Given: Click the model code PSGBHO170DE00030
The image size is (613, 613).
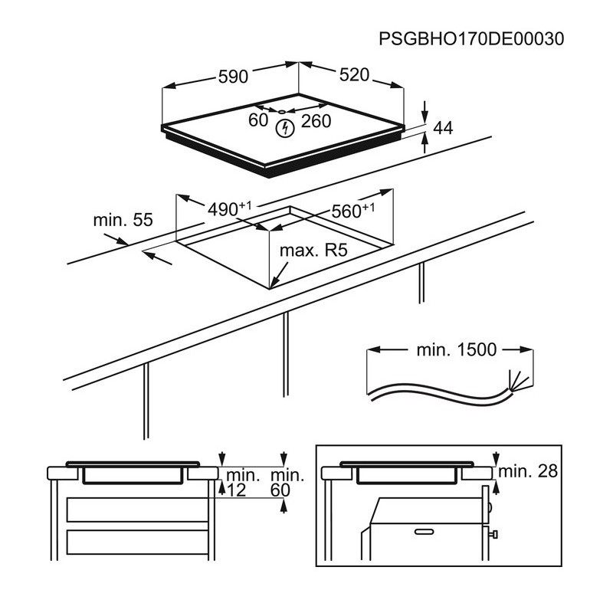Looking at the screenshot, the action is click(471, 39).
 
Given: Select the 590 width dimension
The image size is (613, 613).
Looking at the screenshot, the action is click(233, 77).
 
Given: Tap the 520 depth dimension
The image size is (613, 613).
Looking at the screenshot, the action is click(354, 74).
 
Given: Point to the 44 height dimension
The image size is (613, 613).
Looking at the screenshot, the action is click(444, 128).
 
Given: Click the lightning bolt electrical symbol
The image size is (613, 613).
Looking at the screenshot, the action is click(285, 128).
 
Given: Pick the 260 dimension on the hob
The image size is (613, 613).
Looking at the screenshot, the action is click(316, 121).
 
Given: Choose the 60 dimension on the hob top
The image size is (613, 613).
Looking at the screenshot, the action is click(258, 120).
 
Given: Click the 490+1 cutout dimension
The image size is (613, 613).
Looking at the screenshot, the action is click(229, 208).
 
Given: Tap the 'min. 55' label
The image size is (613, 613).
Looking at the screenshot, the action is click(123, 220).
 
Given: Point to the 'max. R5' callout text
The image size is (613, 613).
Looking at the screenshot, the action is click(313, 251).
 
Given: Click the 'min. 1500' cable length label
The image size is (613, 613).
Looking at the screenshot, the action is click(457, 350).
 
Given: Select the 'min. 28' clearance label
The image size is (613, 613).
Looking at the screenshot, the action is click(528, 471).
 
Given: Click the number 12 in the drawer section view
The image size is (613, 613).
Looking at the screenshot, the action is click(237, 490).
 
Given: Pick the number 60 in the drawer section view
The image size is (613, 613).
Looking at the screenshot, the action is click(280, 490).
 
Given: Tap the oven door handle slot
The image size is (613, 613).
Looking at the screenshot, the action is click(425, 532).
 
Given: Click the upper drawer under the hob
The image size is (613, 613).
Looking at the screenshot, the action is click(137, 510).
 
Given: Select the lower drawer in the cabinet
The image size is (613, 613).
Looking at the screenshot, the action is click(137, 543).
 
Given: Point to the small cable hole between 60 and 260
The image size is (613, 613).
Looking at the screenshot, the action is click(282, 112).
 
